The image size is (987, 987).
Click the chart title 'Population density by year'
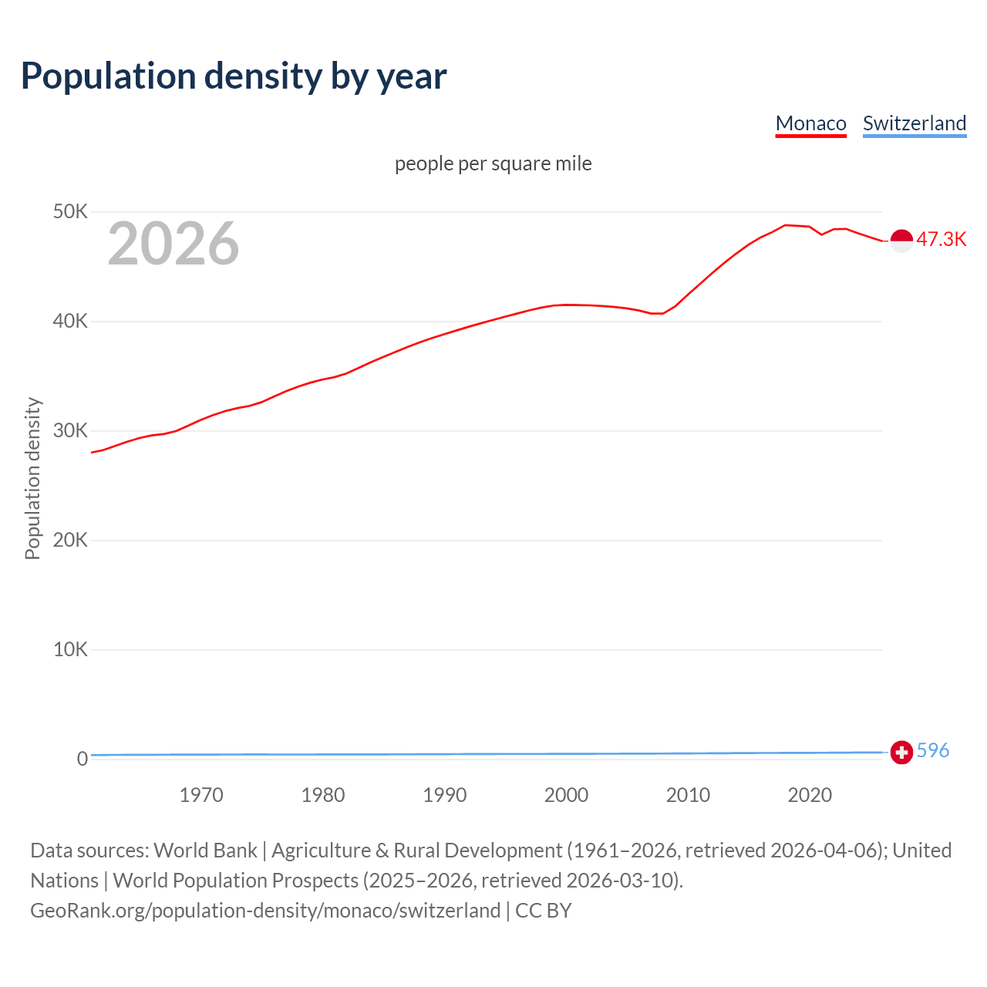pyautogui.click(x=234, y=76)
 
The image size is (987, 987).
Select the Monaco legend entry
pyautogui.click(x=810, y=123)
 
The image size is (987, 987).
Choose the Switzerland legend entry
pyautogui.click(x=914, y=123)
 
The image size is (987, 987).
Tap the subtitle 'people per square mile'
pyautogui.click(x=493, y=163)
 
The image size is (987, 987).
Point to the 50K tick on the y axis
pyautogui.click(x=70, y=211)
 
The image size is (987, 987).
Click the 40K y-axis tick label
pyautogui.click(x=70, y=321)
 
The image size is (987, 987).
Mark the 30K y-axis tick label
pyautogui.click(x=70, y=430)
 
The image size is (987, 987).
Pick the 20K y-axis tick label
pyautogui.click(x=70, y=540)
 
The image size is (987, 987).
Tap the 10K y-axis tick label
pyautogui.click(x=70, y=649)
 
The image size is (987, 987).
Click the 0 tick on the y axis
pyautogui.click(x=82, y=759)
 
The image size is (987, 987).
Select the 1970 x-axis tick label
pyautogui.click(x=201, y=795)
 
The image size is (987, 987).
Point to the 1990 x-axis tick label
pyautogui.click(x=445, y=795)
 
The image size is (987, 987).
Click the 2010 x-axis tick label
pyautogui.click(x=688, y=795)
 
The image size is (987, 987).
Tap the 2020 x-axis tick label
pyautogui.click(x=810, y=795)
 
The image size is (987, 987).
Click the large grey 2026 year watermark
pyautogui.click(x=173, y=244)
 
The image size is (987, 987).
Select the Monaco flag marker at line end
pyautogui.click(x=901, y=241)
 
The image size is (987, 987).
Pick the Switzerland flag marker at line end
pyautogui.click(x=901, y=752)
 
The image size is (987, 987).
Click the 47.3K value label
pyautogui.click(x=941, y=239)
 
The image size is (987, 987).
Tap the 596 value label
pyautogui.click(x=933, y=750)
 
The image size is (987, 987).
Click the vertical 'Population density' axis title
pyautogui.click(x=32, y=478)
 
